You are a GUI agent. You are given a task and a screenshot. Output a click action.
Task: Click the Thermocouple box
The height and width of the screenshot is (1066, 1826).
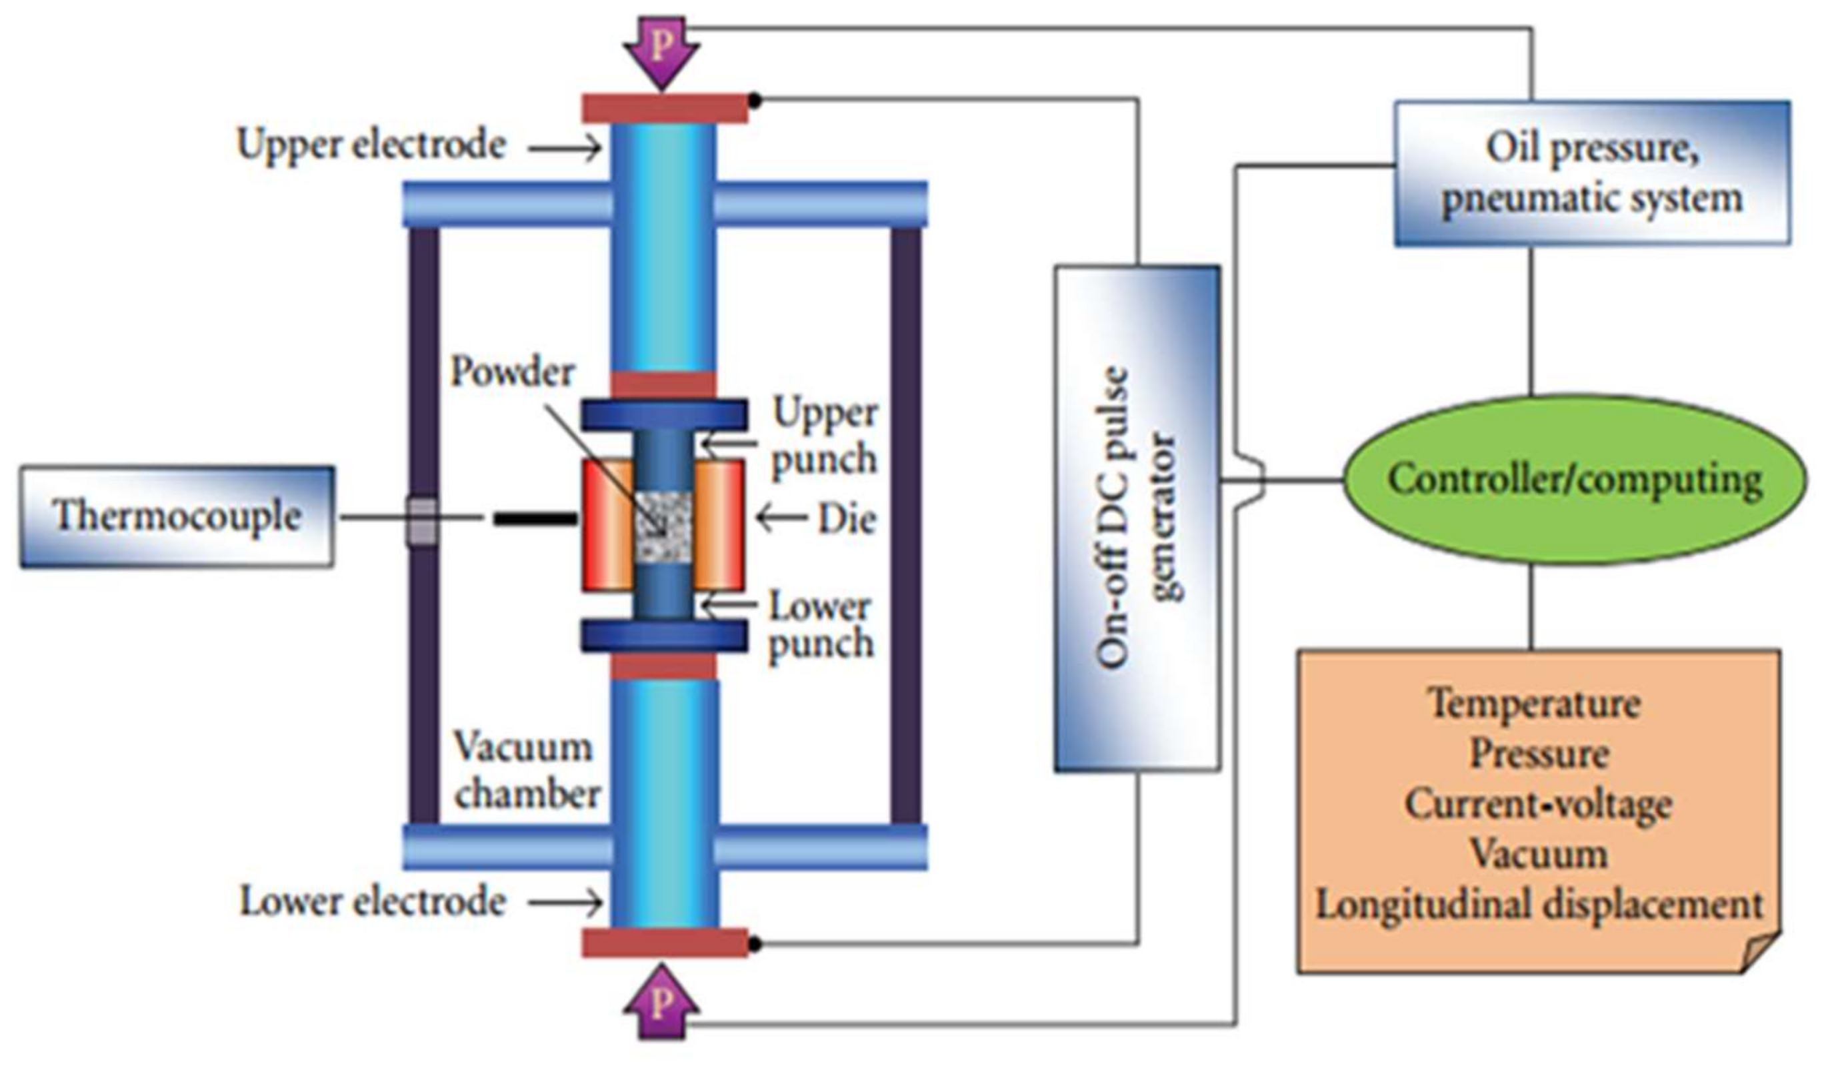177,517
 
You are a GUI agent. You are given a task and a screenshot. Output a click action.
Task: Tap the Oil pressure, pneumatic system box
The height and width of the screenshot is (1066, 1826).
1592,173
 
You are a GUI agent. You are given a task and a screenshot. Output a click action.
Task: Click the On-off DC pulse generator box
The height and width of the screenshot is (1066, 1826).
1137,518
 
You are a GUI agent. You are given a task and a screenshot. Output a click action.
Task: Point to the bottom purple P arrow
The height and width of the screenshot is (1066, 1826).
661,1001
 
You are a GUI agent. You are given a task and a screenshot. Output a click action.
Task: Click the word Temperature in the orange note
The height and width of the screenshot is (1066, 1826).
1534,704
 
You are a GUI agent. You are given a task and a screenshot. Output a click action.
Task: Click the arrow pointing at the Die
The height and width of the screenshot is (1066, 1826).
781,518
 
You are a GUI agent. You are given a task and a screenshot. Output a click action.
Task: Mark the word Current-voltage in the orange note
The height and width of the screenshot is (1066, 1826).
1537,805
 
